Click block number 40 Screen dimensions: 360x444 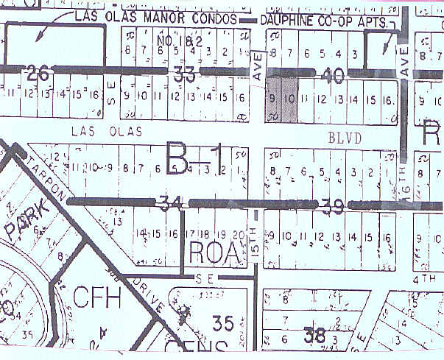coord(333,73)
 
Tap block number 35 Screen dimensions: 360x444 coord(222,322)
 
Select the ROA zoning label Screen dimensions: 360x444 coord(214,253)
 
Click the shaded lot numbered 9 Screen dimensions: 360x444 coord(272,99)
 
